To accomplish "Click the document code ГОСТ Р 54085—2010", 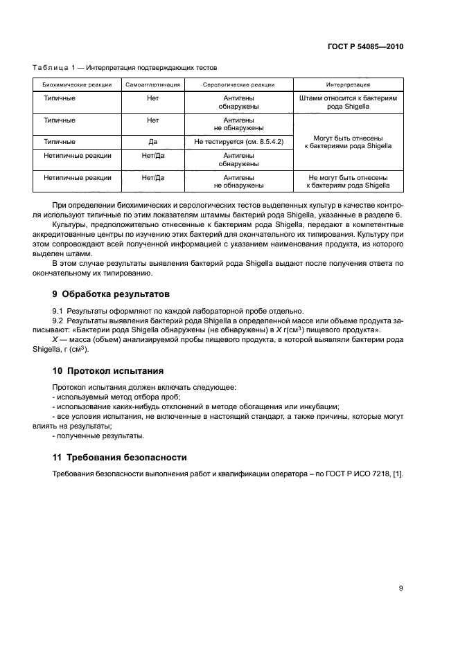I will tap(365, 47).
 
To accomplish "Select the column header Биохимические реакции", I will tap(76, 84).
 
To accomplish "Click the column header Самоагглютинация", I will tap(153, 84).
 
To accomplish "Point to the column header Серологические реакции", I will tap(238, 84).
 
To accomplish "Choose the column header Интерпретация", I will tap(348, 84).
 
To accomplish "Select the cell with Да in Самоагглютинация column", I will tap(153, 142).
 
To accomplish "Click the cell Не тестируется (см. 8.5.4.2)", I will tap(238, 142).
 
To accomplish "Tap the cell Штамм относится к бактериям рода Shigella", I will tap(348, 103).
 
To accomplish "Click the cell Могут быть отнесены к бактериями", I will tap(348, 142).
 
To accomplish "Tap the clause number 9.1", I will tap(58, 310).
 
